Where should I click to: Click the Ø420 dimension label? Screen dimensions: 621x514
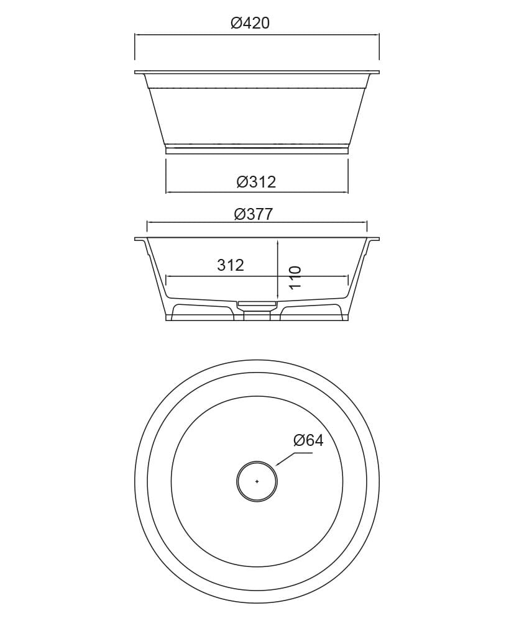coord(250,24)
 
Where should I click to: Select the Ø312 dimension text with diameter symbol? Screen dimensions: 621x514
coord(256,182)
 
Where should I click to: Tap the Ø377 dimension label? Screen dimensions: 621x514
coord(254,214)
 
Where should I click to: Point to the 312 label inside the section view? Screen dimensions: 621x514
coord(231,265)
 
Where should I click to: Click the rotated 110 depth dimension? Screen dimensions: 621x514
coord(295,277)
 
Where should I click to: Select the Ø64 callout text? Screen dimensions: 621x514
coord(308,440)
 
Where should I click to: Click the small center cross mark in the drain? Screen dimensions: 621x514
coord(257,481)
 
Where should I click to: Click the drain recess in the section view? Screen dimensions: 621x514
coord(257,304)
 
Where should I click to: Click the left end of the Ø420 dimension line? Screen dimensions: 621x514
coord(135,35)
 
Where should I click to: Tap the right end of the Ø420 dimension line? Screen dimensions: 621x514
coord(379,35)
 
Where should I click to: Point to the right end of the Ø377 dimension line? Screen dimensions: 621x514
coord(367,222)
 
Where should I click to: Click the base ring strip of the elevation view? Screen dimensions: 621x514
coord(257,150)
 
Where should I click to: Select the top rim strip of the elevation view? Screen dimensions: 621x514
coord(257,72)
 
